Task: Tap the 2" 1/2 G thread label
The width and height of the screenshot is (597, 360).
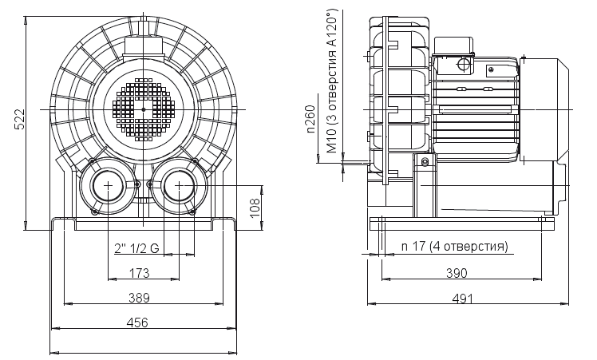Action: click(x=136, y=248)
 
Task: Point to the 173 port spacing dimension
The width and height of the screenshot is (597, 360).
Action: click(x=140, y=274)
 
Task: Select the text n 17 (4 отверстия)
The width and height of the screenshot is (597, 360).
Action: click(x=455, y=246)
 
